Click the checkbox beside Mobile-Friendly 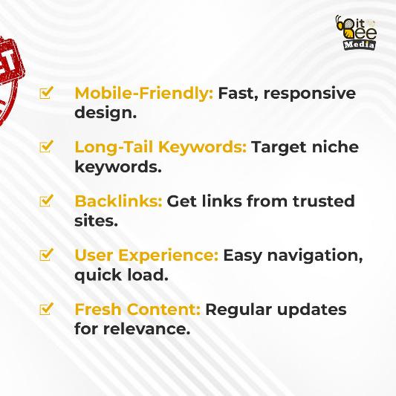47,93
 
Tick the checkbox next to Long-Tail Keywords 47,146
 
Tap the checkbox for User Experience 47,255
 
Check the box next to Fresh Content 47,308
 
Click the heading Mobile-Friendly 143,94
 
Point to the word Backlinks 117,201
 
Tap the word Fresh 99,308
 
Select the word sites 96,220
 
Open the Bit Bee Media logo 357,33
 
